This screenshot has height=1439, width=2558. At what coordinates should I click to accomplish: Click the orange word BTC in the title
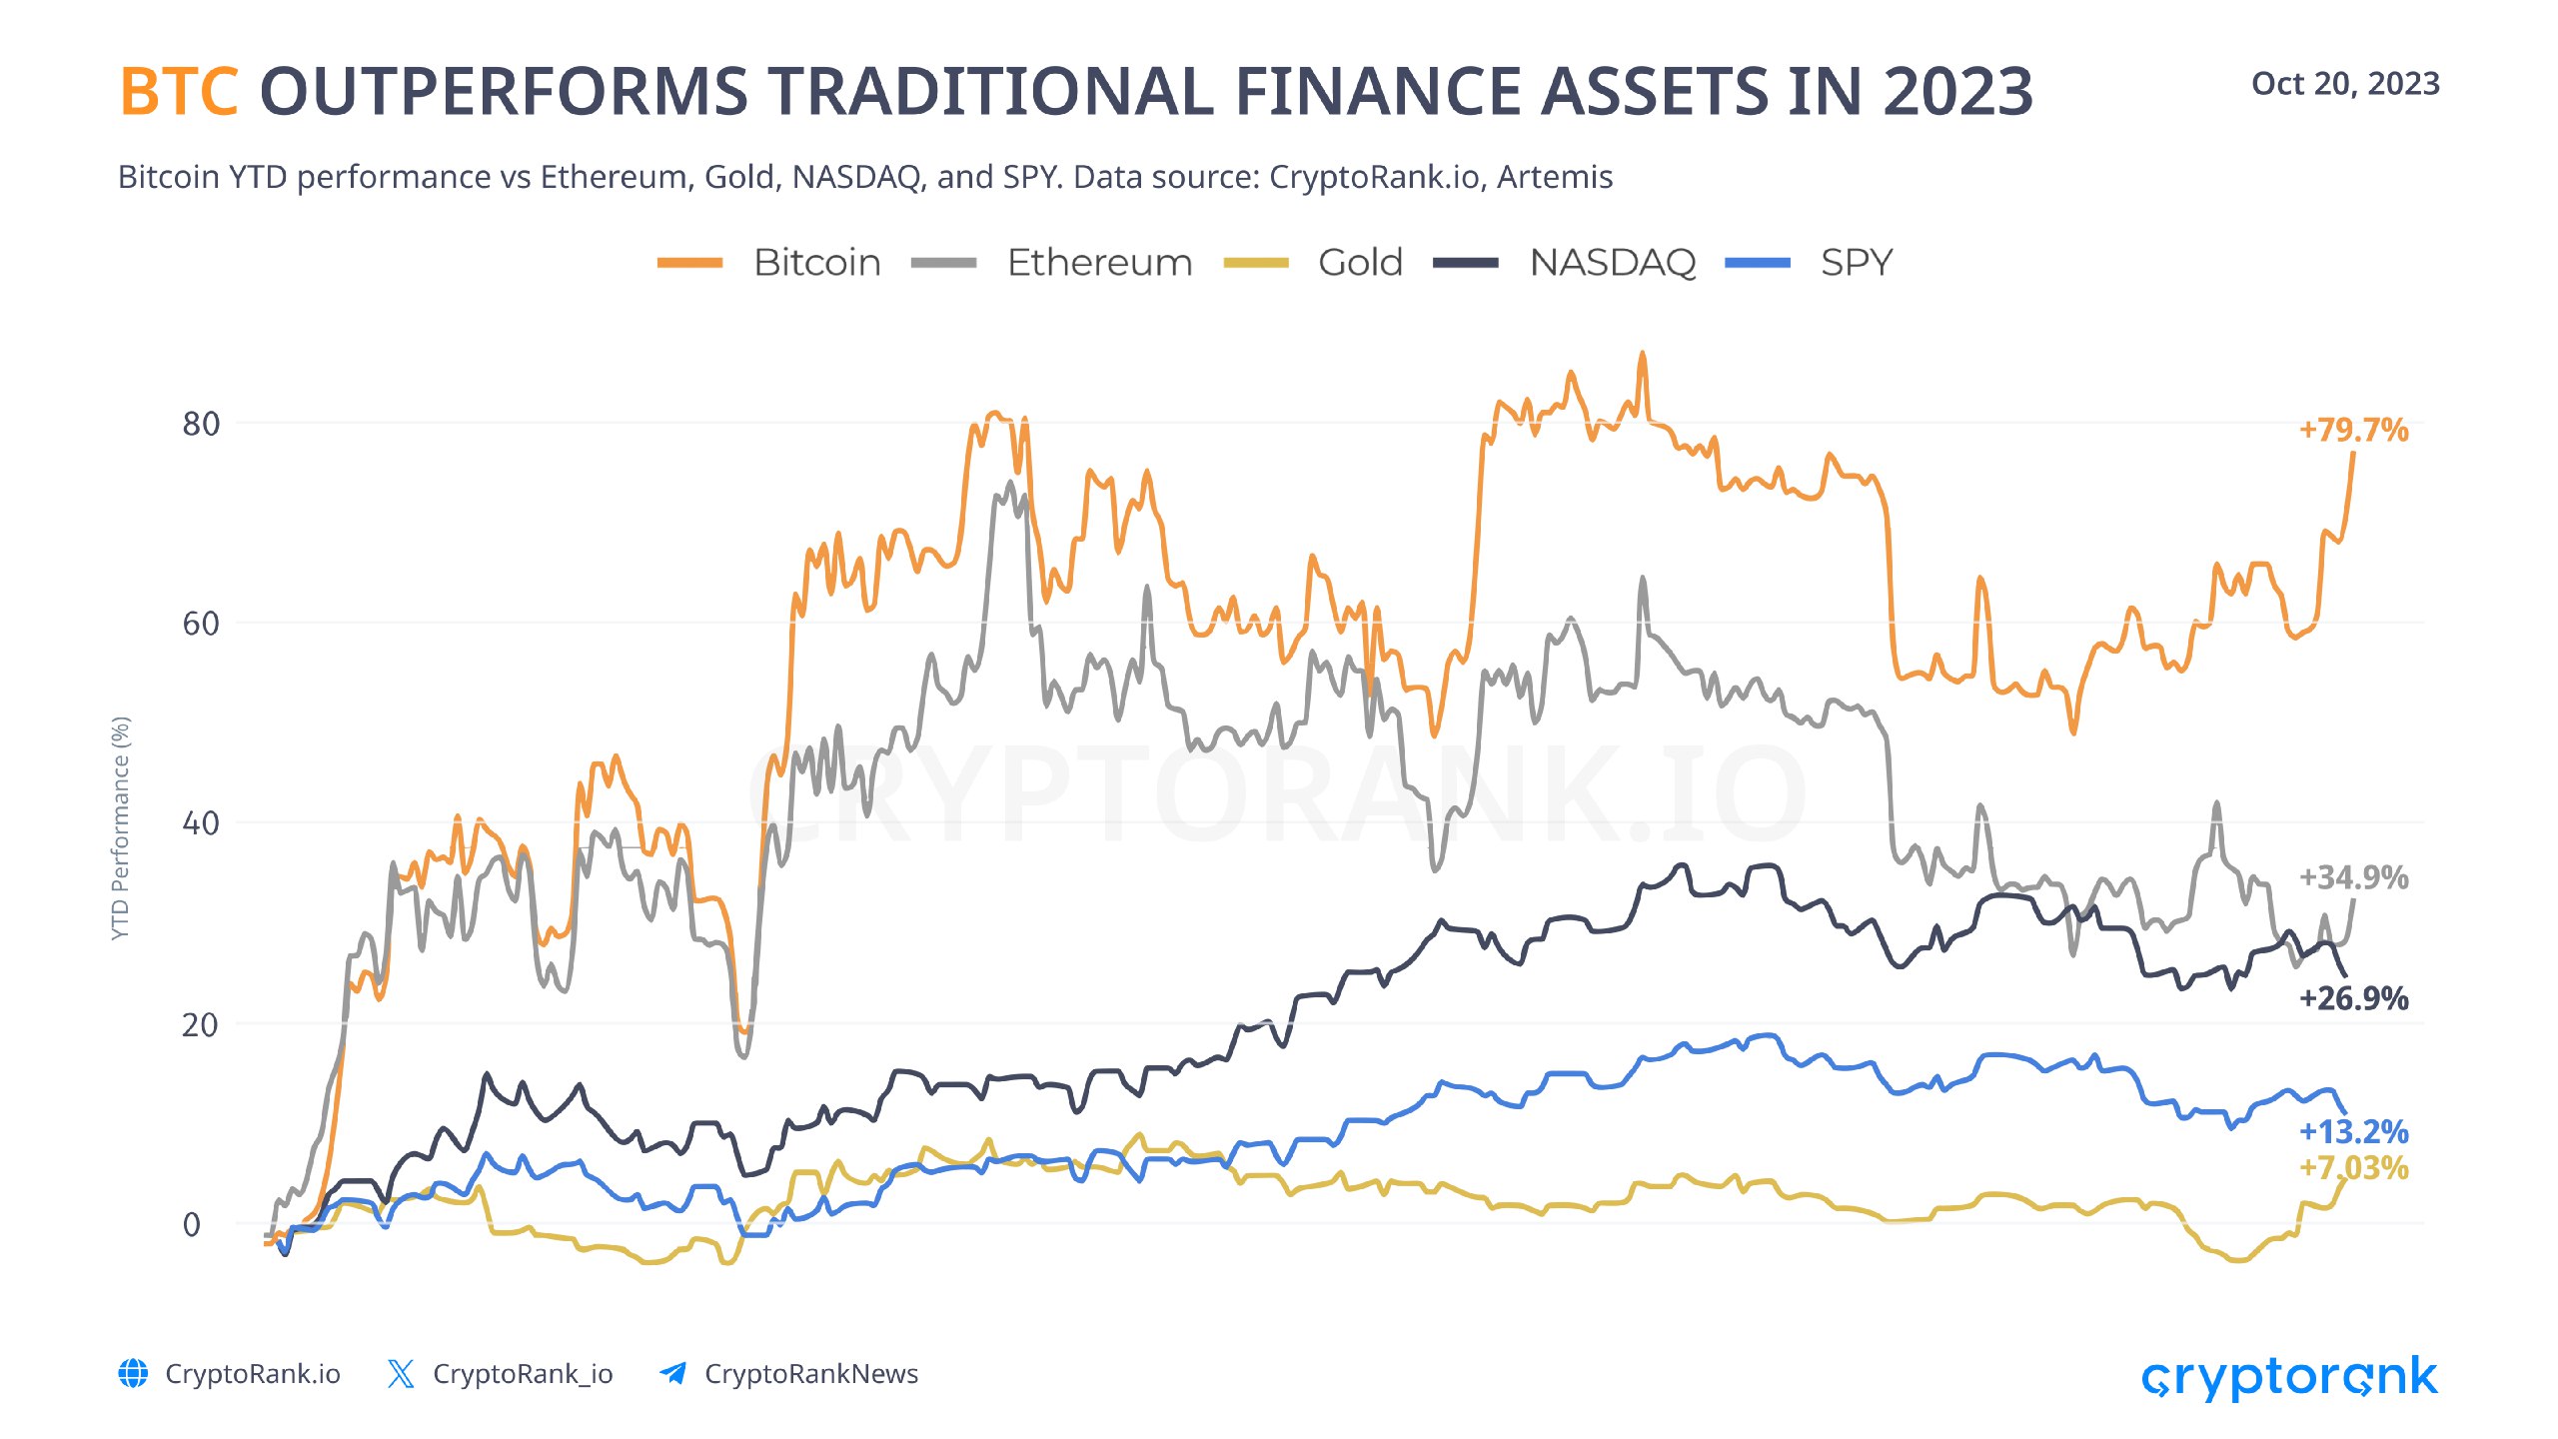[x=179, y=92]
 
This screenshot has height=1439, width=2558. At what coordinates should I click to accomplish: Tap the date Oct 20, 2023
[x=2344, y=84]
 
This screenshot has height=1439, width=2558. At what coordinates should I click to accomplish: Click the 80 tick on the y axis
[x=200, y=424]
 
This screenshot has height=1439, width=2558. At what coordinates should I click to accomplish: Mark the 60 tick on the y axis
[x=200, y=624]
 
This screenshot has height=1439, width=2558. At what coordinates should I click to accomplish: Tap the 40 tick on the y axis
[x=200, y=823]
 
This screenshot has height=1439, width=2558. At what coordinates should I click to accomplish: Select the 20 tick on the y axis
[x=200, y=1024]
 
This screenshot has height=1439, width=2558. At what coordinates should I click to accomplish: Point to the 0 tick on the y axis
[x=192, y=1224]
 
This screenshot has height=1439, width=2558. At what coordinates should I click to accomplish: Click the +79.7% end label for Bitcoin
[x=2353, y=430]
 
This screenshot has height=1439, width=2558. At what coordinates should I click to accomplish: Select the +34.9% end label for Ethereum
[x=2353, y=877]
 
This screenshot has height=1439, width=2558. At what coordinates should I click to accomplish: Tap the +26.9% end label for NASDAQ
[x=2353, y=998]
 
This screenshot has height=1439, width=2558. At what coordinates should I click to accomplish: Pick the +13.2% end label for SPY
[x=2353, y=1132]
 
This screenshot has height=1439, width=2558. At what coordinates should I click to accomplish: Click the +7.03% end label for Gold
[x=2353, y=1167]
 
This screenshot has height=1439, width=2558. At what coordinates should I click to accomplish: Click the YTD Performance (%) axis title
[x=121, y=827]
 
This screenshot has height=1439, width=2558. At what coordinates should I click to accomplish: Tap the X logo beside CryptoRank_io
[x=401, y=1374]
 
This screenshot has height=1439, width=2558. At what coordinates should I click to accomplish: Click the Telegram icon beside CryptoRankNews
[x=673, y=1374]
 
